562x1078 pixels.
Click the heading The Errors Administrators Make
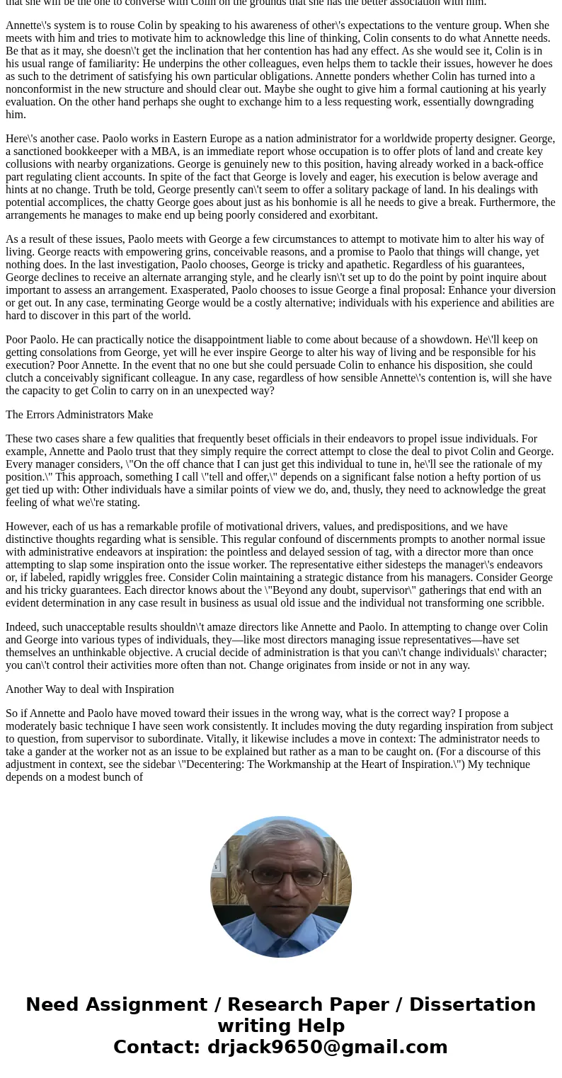coord(79,415)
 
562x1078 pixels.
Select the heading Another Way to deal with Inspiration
coord(90,689)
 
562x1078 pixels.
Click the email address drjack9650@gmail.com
coord(327,1048)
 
